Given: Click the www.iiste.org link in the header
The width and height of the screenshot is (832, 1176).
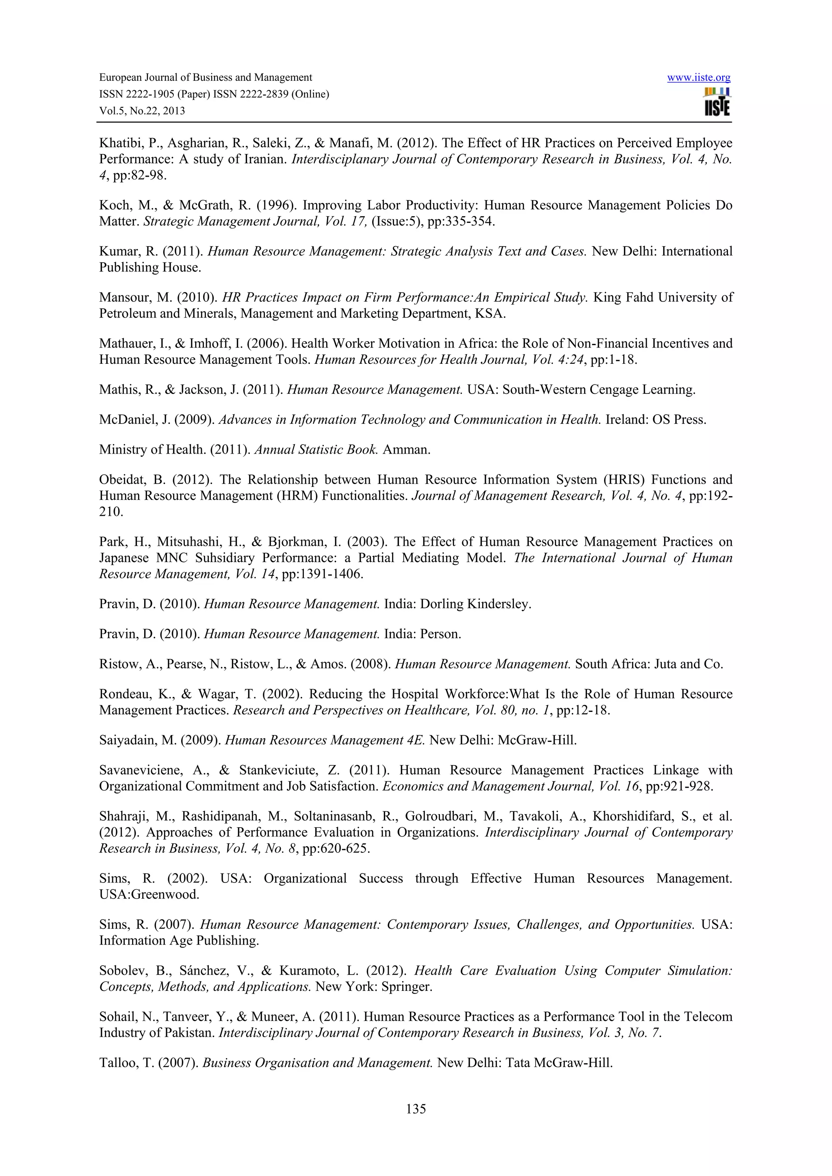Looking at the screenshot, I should [698, 78].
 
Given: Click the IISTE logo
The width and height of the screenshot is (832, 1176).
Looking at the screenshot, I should [717, 102].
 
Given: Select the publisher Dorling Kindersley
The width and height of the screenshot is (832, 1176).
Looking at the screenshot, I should [475, 604].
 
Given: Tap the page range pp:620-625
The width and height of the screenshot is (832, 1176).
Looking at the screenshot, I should [336, 849].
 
